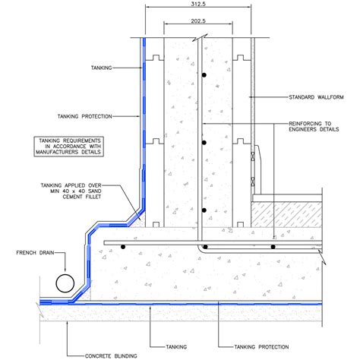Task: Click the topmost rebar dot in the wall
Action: tap(204, 75)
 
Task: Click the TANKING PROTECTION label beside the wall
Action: tap(85, 116)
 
